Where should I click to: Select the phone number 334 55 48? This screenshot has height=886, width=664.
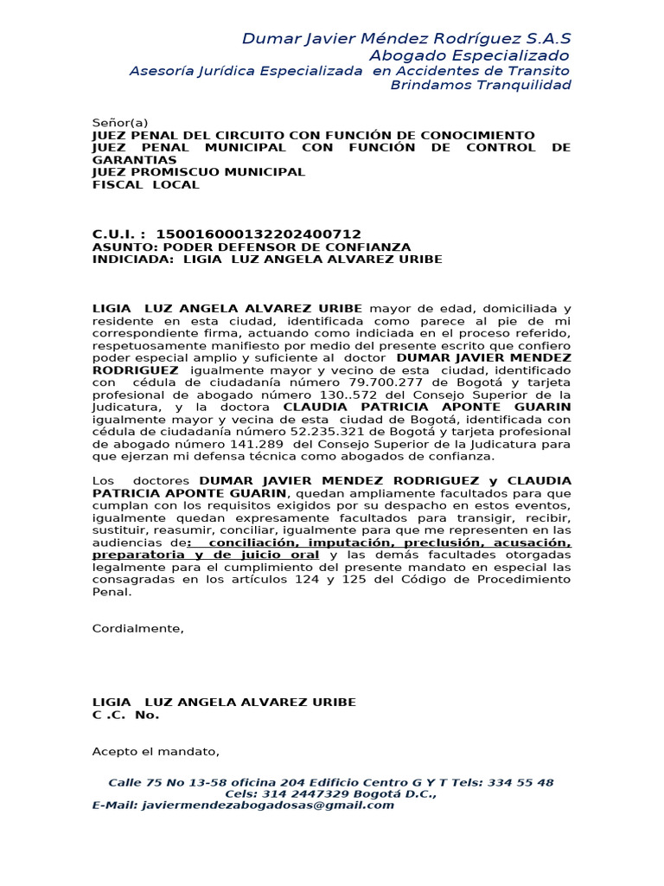[x=520, y=782]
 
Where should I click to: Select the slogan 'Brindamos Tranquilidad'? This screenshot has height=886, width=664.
[x=481, y=85]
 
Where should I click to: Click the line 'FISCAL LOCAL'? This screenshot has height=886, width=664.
[x=146, y=184]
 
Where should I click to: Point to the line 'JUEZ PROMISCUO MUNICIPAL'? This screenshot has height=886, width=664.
[x=199, y=172]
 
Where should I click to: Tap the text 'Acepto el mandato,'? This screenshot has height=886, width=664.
[x=156, y=751]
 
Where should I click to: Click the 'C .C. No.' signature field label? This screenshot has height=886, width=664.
[x=126, y=715]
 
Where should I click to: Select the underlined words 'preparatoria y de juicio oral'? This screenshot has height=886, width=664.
[x=206, y=554]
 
